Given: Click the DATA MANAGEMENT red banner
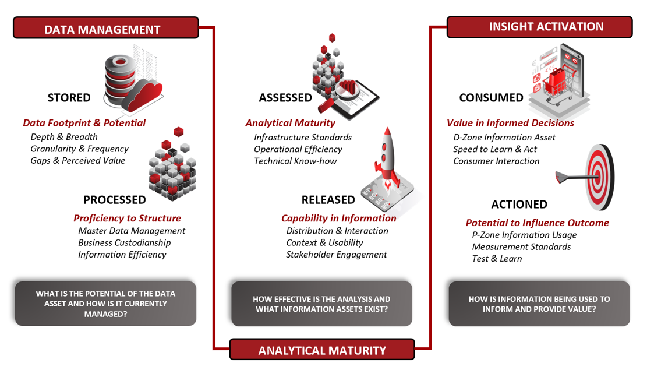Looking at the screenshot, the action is [x=105, y=28].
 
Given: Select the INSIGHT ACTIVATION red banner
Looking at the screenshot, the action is [x=539, y=27].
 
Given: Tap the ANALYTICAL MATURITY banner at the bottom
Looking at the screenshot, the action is [x=322, y=350].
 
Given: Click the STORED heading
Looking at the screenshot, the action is [x=69, y=98].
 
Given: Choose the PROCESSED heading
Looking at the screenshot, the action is [x=115, y=200].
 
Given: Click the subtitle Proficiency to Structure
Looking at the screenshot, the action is [x=127, y=218].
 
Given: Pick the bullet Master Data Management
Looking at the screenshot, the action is [x=132, y=231].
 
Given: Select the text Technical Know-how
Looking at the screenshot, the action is [x=295, y=161].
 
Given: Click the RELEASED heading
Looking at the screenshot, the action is [x=328, y=200].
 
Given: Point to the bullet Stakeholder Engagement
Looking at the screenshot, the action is [x=336, y=255].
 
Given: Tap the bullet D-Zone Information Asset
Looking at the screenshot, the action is [x=504, y=137].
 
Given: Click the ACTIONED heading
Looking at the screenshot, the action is [x=519, y=205].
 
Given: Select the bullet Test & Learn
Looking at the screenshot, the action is [x=497, y=259].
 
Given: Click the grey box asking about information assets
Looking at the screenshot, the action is [x=322, y=304].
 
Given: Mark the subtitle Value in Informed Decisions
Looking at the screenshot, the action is [x=510, y=123].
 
